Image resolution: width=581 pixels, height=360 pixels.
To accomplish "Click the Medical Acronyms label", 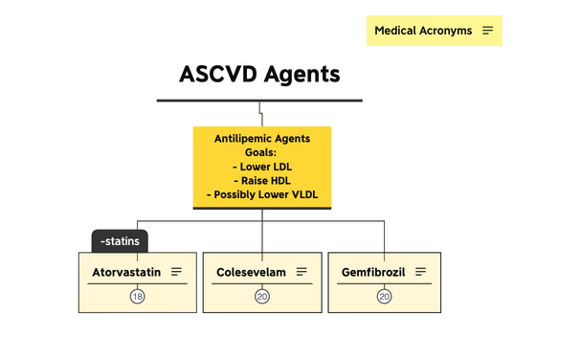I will click(x=422, y=31).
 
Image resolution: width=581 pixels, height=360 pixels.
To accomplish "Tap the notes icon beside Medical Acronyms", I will click(x=488, y=31).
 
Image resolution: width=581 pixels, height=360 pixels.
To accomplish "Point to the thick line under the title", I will click(x=259, y=100).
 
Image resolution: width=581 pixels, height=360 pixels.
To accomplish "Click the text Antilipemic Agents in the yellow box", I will click(x=261, y=139).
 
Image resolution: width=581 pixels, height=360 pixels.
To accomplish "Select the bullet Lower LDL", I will click(x=261, y=167).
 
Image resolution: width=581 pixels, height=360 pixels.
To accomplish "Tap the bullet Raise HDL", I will click(x=261, y=181).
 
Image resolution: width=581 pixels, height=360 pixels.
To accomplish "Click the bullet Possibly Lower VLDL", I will click(x=261, y=195).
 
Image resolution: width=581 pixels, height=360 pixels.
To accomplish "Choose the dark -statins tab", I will click(x=120, y=241).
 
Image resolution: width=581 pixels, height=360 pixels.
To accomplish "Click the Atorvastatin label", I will click(x=126, y=272).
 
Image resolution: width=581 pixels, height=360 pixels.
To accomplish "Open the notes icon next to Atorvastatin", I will click(x=176, y=272).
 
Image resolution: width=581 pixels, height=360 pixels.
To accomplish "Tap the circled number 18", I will click(x=138, y=297).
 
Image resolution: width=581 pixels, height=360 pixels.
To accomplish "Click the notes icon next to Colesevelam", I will click(x=302, y=272).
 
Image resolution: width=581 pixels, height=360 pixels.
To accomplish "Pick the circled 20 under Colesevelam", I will click(x=261, y=297).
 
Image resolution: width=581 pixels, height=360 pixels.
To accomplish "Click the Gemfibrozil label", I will click(x=373, y=272).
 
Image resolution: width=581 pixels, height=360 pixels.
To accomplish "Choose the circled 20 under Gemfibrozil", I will click(x=385, y=297).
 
